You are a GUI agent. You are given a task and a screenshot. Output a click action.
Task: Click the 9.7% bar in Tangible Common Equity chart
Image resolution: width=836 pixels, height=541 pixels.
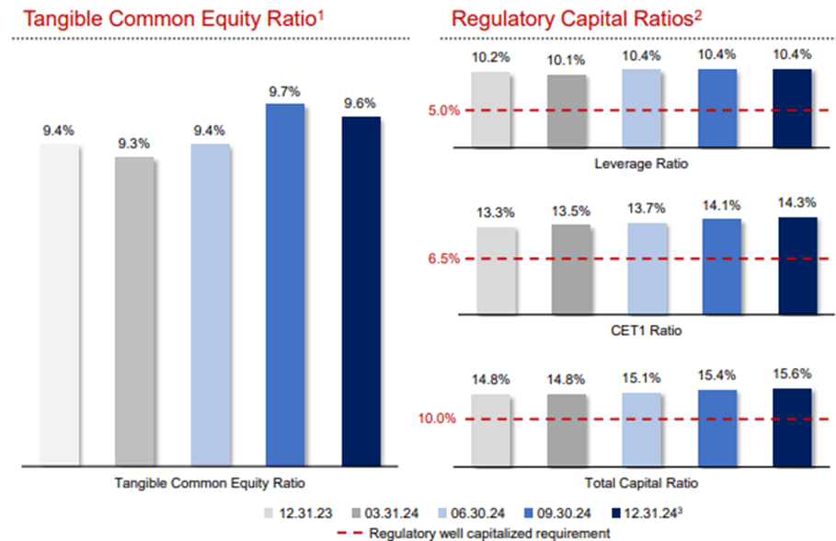coord(285,285)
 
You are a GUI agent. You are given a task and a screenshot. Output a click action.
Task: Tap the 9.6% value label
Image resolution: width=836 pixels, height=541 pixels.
coord(360,103)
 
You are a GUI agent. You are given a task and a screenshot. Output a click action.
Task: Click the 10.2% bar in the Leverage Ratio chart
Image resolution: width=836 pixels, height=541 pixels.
coord(490,109)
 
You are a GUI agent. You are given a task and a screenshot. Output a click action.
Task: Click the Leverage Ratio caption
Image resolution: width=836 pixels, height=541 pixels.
coord(641,164)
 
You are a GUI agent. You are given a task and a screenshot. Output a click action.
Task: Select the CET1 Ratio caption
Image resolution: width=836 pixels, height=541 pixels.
coord(641,329)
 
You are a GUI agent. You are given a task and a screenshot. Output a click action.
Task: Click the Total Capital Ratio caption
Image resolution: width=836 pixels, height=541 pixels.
coord(641,481)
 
